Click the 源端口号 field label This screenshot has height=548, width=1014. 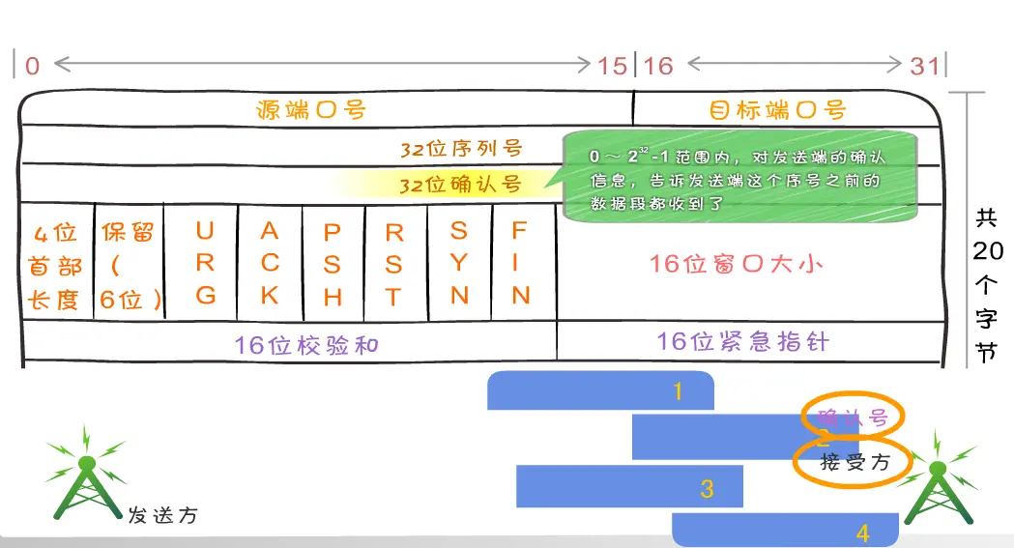click(x=311, y=108)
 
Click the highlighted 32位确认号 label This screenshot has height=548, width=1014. click(x=460, y=184)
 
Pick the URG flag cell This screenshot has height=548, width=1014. click(x=205, y=263)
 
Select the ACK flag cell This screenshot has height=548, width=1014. click(x=270, y=263)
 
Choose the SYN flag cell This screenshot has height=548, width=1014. click(x=459, y=263)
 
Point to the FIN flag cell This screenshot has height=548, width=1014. click(x=521, y=263)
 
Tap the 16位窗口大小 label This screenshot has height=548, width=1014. click(x=737, y=263)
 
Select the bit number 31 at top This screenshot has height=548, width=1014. click(x=924, y=66)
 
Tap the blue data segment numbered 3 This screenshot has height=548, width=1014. click(x=629, y=486)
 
